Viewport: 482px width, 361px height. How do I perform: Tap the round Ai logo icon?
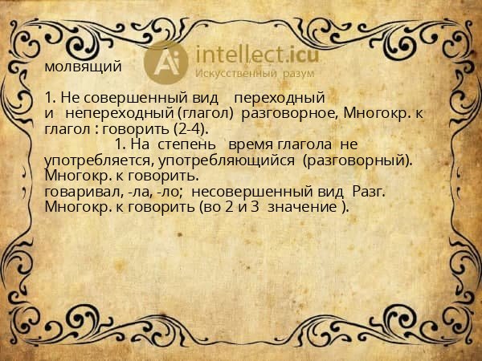click(166, 61)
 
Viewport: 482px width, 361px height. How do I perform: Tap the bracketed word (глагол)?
click(203, 114)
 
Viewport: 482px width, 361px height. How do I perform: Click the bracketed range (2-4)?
click(190, 128)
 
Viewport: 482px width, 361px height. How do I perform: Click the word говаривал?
click(81, 191)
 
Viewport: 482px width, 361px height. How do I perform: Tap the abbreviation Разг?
click(369, 191)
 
